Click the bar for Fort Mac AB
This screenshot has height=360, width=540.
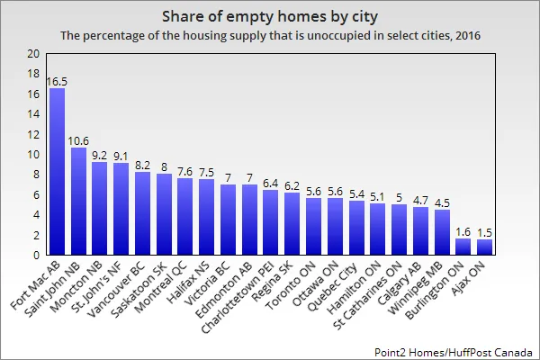57,171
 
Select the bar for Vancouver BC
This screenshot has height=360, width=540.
142,213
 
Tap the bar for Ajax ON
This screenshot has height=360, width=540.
484,247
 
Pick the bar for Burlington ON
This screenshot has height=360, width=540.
463,246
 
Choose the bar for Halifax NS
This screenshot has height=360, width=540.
206,217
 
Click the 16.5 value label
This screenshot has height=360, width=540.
57,81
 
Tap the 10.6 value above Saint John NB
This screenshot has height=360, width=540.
78,140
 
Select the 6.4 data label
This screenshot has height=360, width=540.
270,183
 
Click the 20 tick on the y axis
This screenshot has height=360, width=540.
33,54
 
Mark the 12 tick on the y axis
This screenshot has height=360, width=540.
33,134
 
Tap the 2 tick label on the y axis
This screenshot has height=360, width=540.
36,234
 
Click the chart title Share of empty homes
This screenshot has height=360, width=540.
269,17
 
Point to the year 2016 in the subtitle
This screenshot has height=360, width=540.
463,36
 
